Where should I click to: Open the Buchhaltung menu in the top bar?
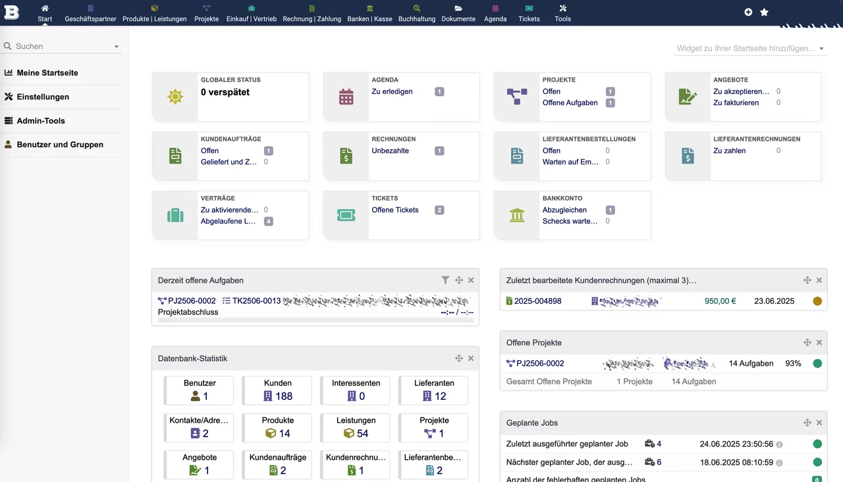[416, 13]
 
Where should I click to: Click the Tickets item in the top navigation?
[529, 13]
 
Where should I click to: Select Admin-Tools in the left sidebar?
[41, 121]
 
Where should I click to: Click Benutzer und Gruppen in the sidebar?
[60, 145]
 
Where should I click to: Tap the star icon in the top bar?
[764, 12]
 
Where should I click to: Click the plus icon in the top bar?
[748, 12]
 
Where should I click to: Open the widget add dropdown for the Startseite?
[750, 49]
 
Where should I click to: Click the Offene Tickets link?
[395, 210]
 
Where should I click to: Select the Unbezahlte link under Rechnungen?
[390, 151]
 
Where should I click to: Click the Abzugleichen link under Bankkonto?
[564, 210]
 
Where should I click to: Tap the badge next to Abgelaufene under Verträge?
[268, 222]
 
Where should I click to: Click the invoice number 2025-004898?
[537, 301]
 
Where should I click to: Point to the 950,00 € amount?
[720, 301]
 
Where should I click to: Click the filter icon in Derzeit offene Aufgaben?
[445, 280]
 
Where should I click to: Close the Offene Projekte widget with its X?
[819, 343]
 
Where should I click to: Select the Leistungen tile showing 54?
[356, 427]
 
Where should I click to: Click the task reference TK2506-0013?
[256, 301]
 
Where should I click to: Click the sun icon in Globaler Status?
[175, 97]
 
